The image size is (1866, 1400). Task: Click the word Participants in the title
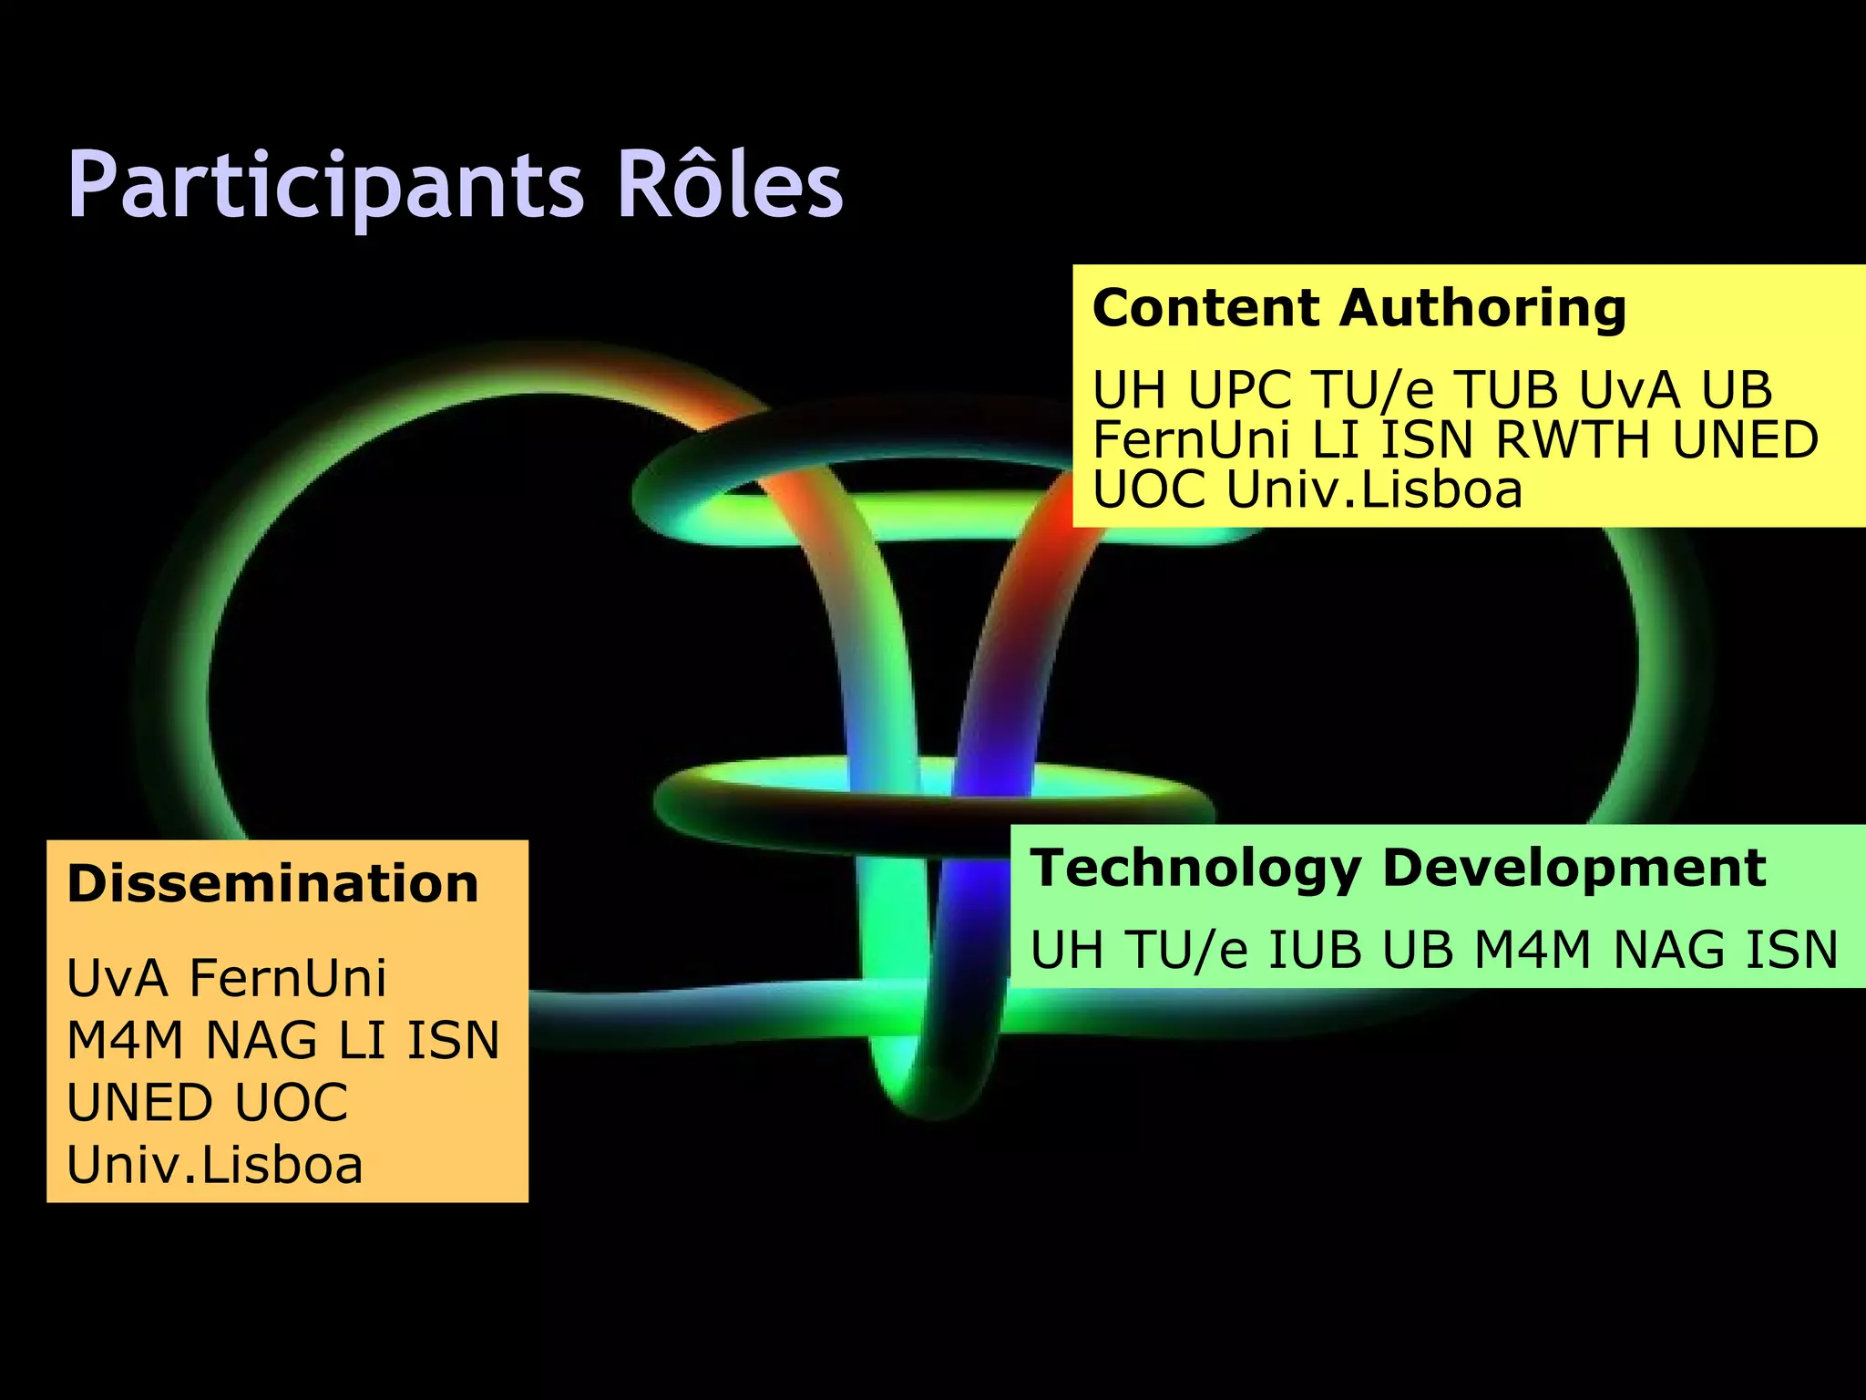[325, 186]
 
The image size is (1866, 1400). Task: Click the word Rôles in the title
[730, 186]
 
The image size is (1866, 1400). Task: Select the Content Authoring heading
[1358, 308]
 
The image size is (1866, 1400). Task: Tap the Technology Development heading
[1398, 868]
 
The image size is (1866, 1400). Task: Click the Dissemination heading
[272, 884]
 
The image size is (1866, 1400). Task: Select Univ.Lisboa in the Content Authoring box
[1374, 490]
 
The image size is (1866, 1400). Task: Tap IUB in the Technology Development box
[1315, 950]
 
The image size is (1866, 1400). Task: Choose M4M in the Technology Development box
[1533, 950]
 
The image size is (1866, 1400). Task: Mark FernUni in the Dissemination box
[288, 978]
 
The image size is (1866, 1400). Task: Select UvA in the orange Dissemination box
[118, 978]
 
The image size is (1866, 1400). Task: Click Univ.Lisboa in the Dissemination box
[215, 1165]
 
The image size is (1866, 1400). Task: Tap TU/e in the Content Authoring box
[1373, 390]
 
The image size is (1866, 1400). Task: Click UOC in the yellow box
[1149, 490]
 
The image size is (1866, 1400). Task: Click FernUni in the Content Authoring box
[1191, 440]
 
